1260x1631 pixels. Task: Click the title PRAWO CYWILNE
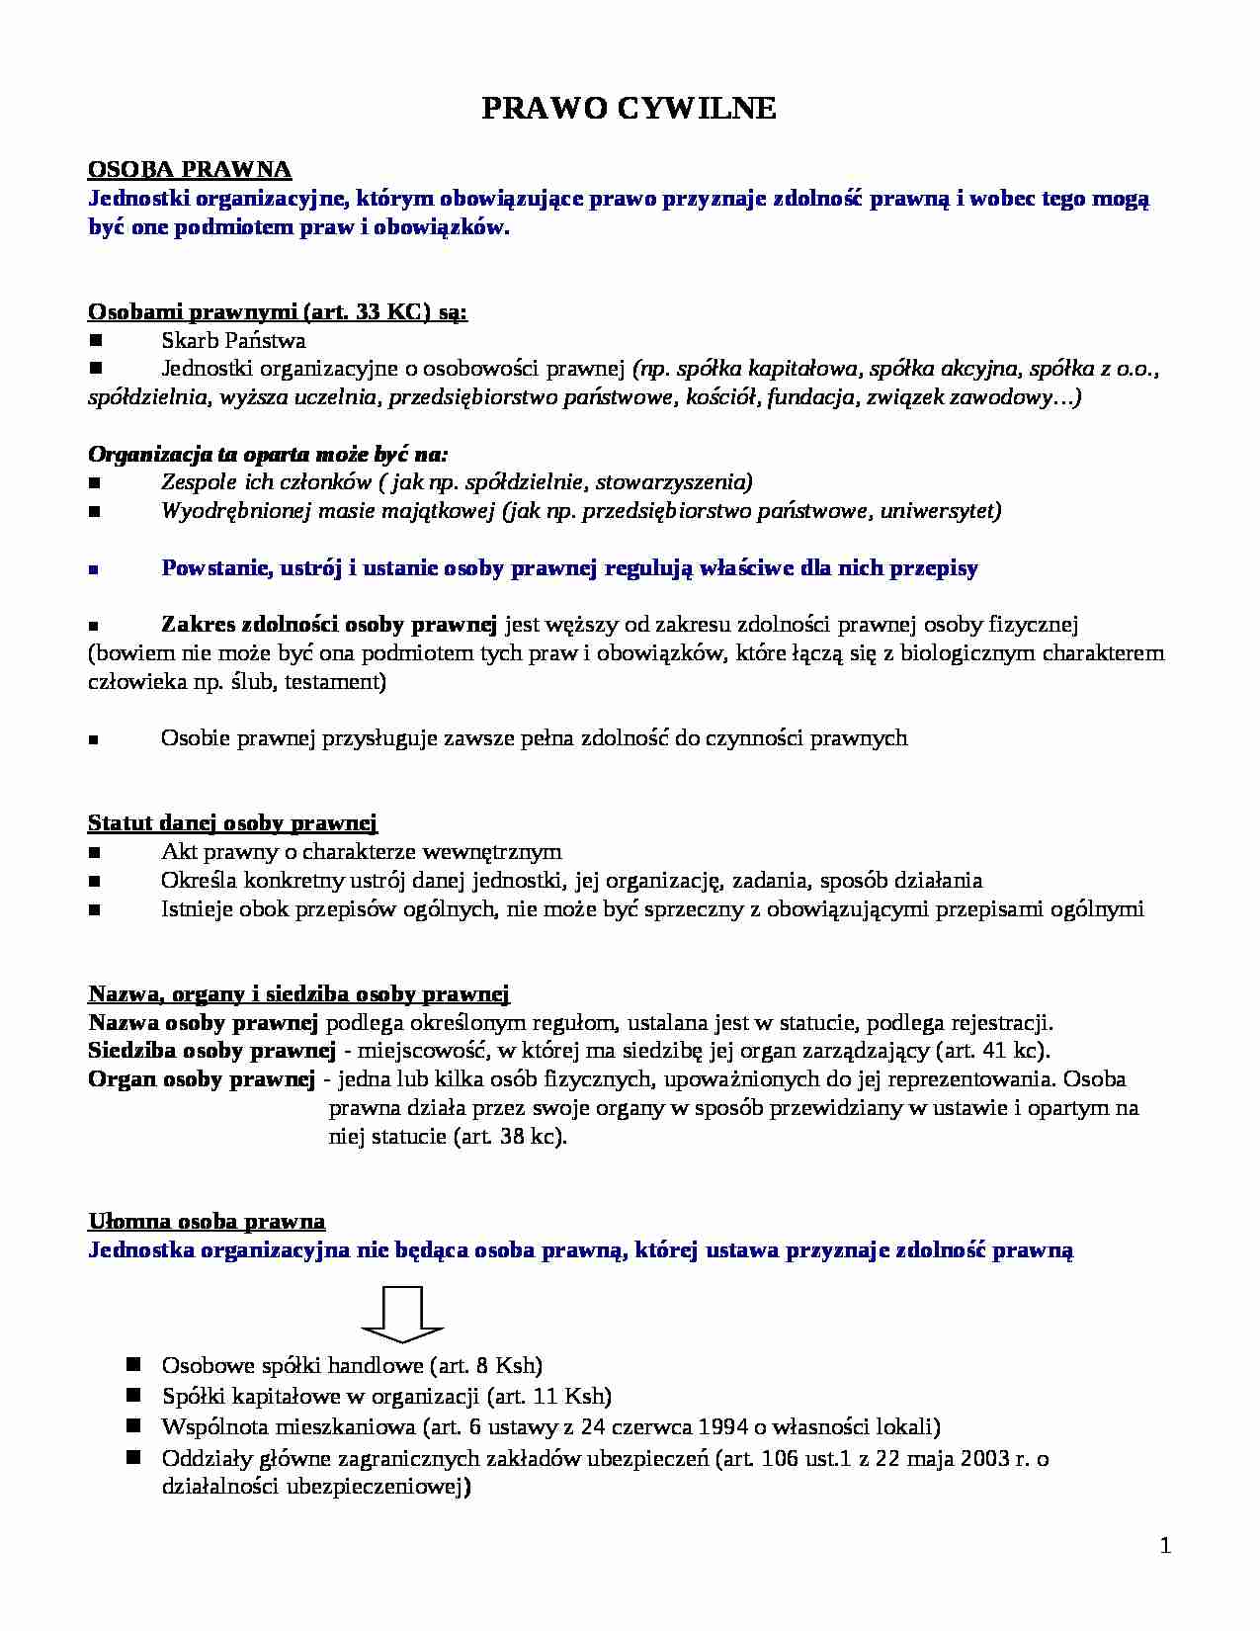coord(629,109)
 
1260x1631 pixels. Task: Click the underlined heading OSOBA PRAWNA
coord(190,170)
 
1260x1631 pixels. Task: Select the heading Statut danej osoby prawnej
coord(233,822)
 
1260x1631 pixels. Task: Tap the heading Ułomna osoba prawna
coord(207,1221)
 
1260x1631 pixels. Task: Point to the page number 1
coord(1165,1547)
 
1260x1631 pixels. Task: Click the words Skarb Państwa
coord(233,341)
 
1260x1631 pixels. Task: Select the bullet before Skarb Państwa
coord(96,341)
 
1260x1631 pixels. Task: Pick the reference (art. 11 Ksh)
coord(549,1396)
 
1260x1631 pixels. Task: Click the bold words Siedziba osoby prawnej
coord(208,1050)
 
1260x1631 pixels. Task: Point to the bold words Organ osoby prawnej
coord(202,1078)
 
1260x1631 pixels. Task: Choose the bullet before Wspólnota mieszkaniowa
coord(134,1426)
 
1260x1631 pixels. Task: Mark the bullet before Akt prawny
coord(96,852)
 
